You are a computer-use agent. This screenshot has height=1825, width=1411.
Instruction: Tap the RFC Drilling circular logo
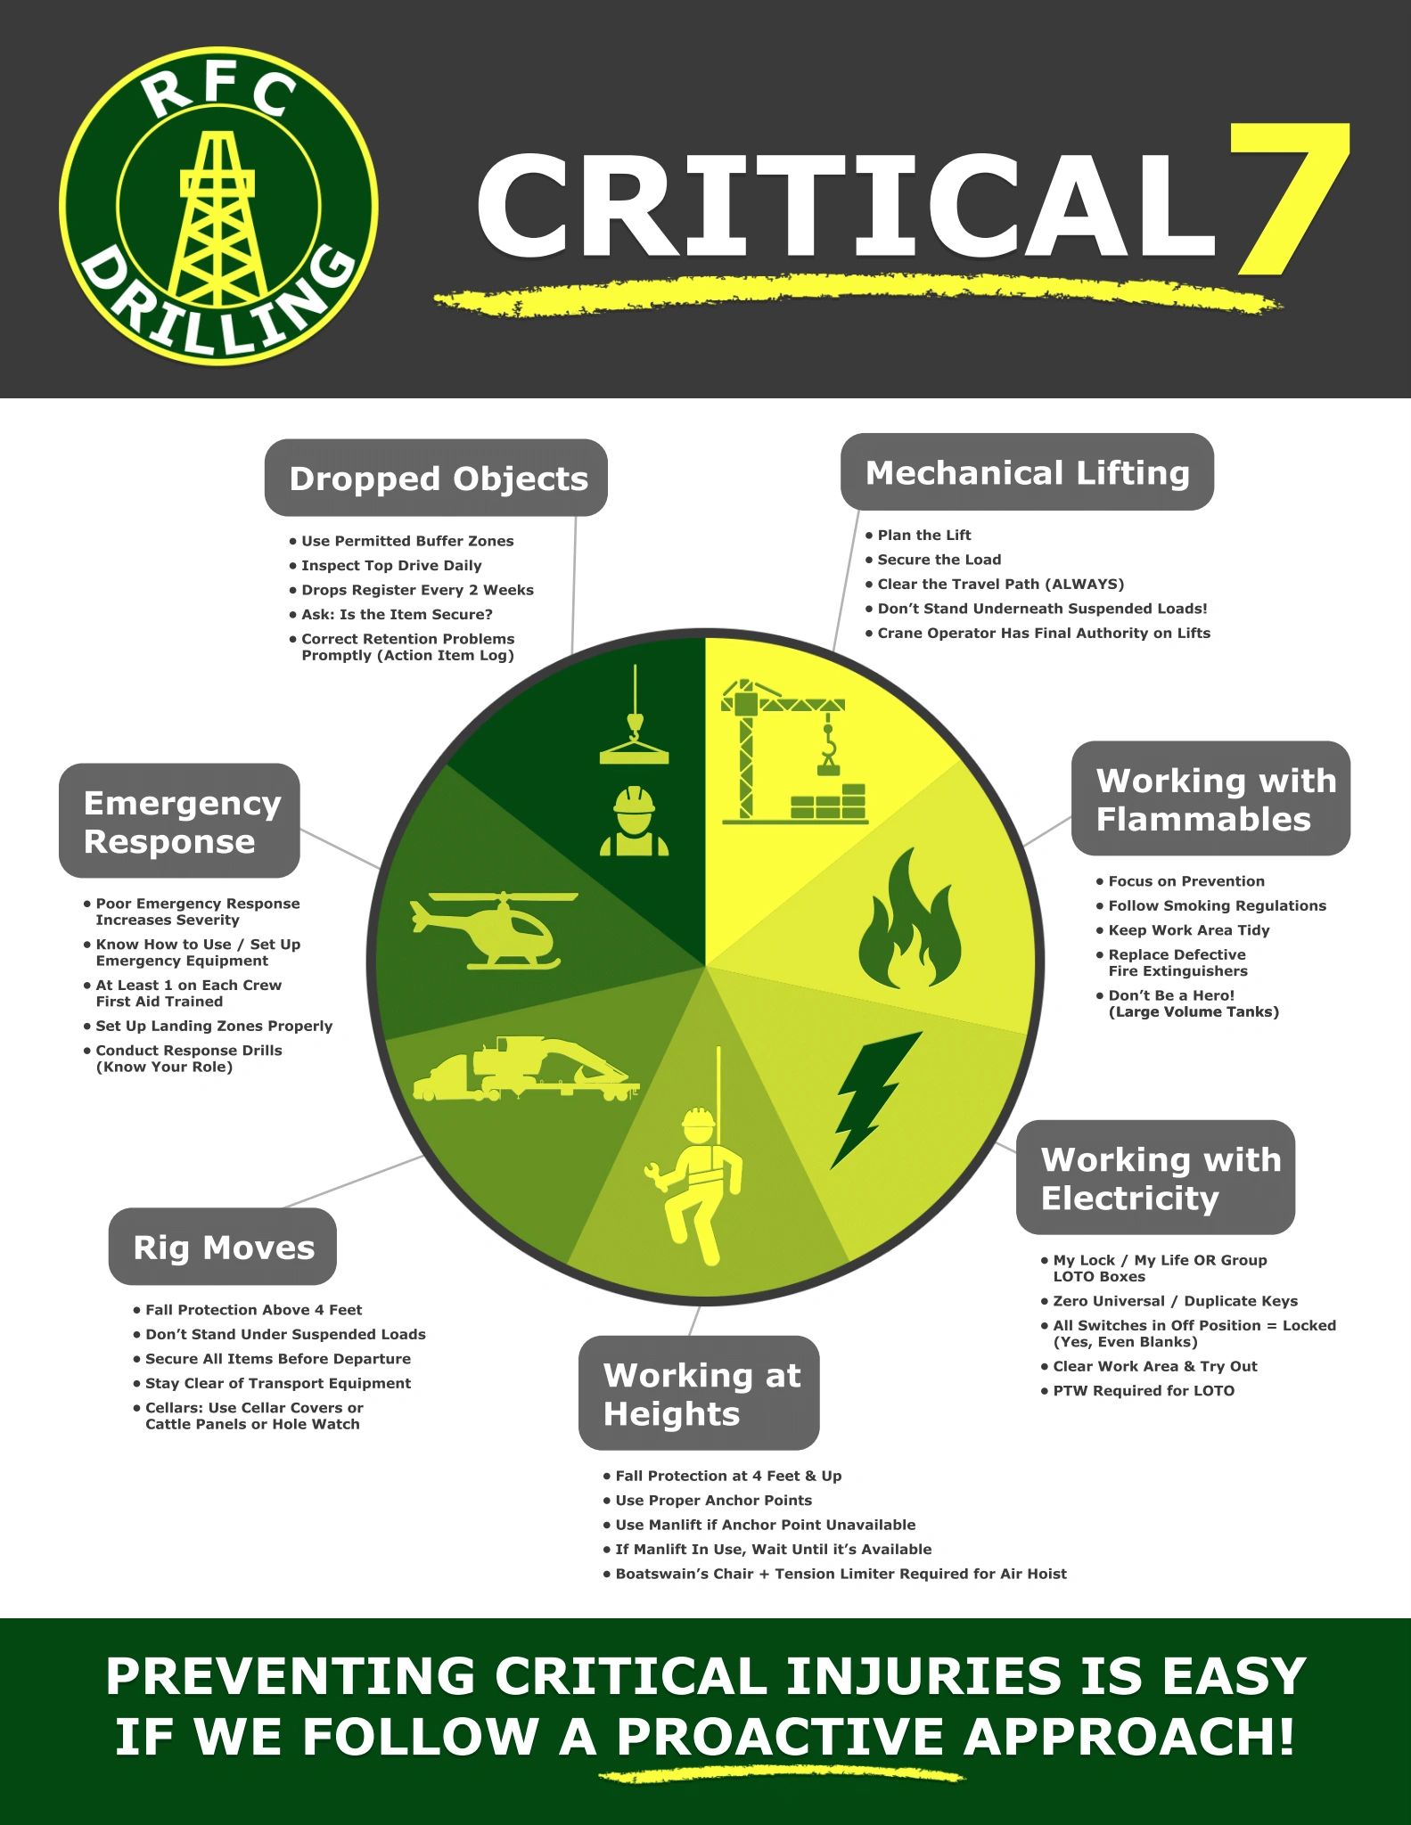[x=218, y=206]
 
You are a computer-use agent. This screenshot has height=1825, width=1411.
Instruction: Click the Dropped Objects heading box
[x=436, y=478]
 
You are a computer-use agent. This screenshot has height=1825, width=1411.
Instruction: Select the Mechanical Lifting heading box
[x=1027, y=472]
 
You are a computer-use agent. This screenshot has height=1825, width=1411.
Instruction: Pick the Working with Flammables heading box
[x=1210, y=798]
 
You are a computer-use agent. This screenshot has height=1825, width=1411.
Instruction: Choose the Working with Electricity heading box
[x=1155, y=1177]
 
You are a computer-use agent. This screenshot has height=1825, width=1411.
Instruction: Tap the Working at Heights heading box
[x=699, y=1393]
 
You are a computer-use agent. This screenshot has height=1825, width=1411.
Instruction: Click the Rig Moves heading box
[x=223, y=1247]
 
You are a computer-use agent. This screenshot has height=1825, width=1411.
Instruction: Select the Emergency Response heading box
[x=179, y=821]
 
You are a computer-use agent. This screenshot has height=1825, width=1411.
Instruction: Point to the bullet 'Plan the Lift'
[x=923, y=535]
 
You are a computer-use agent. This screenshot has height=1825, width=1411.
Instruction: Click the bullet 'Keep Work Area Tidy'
[x=1188, y=929]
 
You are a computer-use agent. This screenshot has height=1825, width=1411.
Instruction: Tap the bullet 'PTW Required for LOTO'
[x=1143, y=1390]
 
